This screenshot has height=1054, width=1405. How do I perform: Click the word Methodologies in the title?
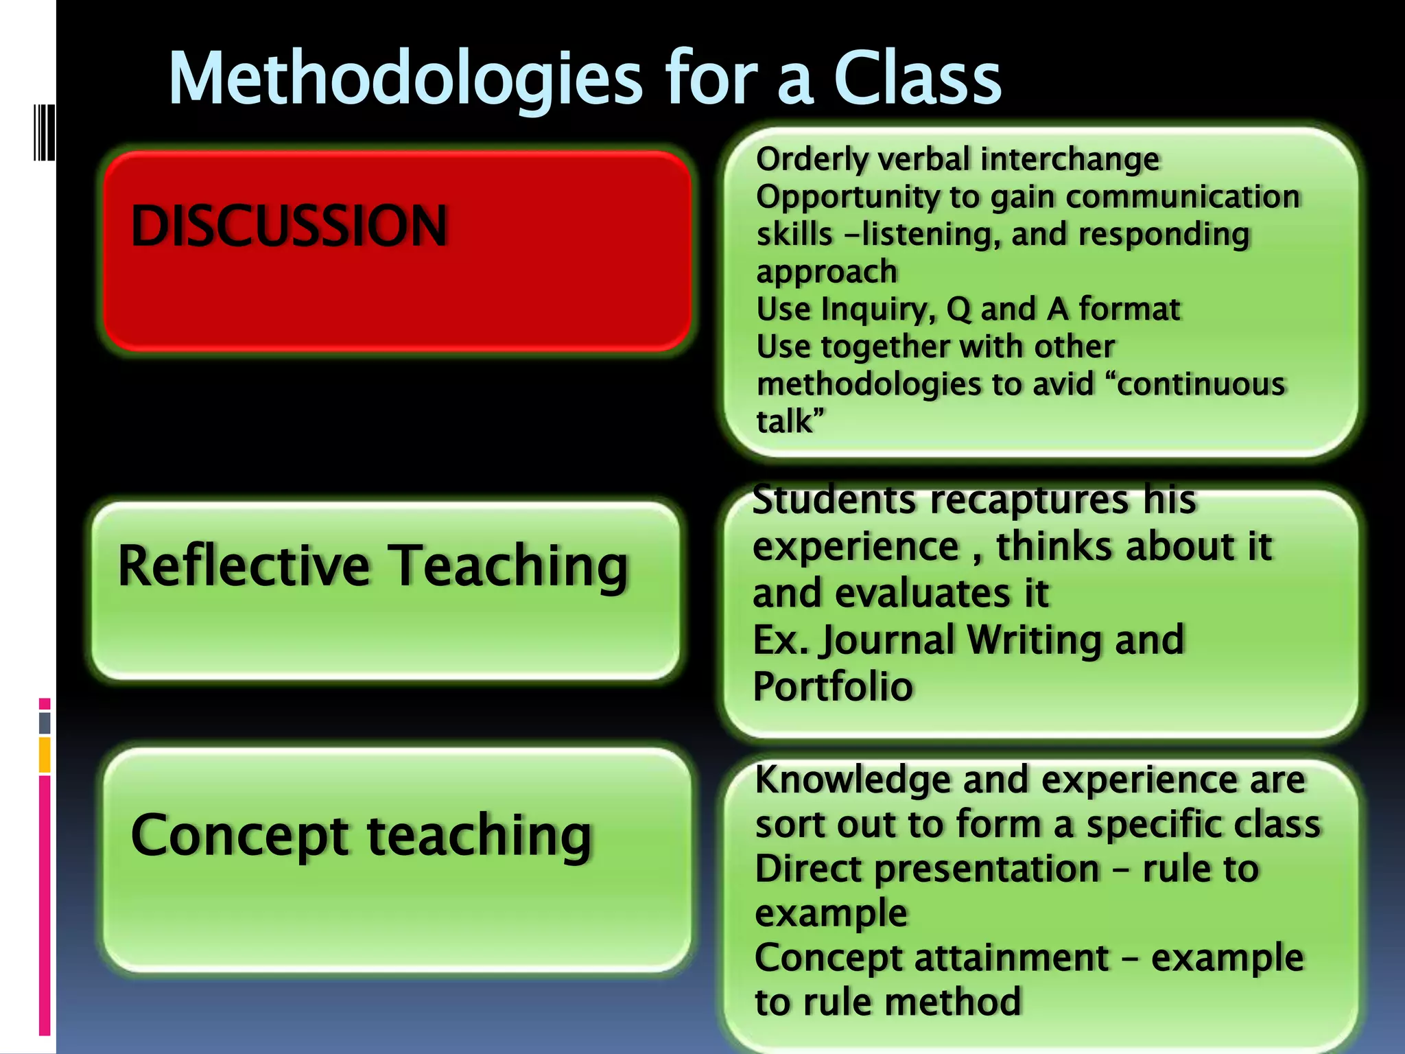(x=405, y=80)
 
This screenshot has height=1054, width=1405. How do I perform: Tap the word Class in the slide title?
(x=917, y=80)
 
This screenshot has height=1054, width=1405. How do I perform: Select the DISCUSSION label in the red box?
(x=289, y=226)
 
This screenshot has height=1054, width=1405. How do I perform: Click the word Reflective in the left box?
(x=244, y=565)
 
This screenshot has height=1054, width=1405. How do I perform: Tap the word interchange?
(x=1070, y=159)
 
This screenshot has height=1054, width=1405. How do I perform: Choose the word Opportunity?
(x=847, y=198)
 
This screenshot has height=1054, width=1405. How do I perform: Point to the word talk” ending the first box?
(x=789, y=421)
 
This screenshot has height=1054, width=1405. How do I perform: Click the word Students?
(x=834, y=500)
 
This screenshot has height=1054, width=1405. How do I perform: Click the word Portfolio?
(x=833, y=686)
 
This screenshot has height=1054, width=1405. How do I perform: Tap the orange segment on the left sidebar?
(x=45, y=755)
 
